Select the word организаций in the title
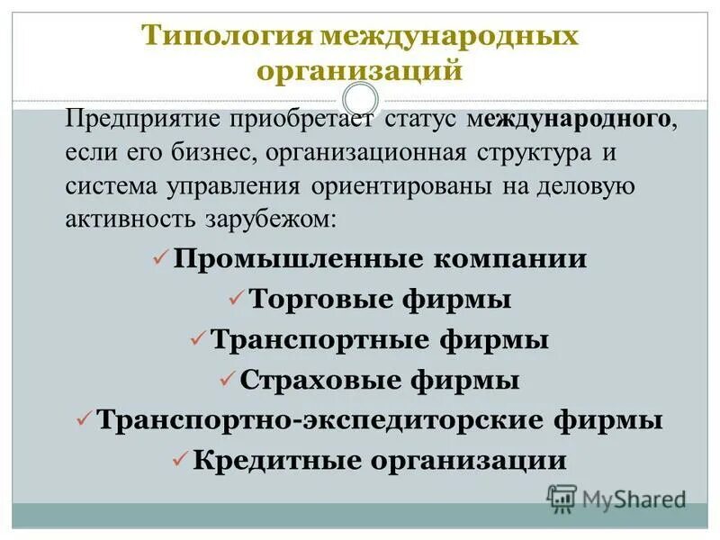360,69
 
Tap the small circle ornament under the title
360,99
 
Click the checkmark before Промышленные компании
160,258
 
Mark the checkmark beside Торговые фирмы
235,297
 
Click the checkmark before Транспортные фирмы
198,338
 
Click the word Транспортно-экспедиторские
320,420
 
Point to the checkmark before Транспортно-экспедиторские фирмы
84,418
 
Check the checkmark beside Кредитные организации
178,459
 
